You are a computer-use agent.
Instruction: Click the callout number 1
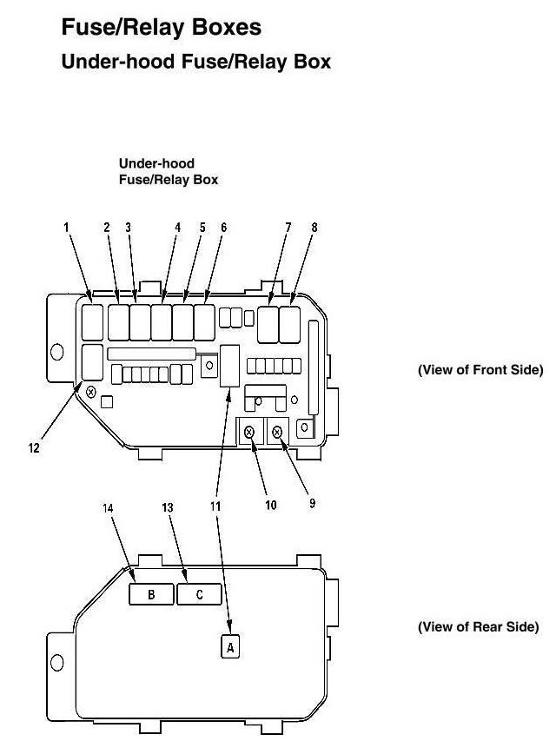pos(66,228)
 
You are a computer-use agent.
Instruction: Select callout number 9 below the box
pos(312,501)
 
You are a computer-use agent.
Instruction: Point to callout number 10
pos(271,505)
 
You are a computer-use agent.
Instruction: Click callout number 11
pos(215,505)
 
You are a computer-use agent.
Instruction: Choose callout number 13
pos(168,507)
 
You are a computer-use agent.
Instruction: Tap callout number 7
pos(288,228)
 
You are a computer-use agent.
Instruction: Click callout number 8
pos(314,228)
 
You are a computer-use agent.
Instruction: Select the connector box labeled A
pos(230,646)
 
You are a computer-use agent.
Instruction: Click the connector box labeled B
pos(151,594)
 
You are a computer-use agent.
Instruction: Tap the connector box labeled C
pos(199,594)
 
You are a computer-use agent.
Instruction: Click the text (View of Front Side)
pos(480,369)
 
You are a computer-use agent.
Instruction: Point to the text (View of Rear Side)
pos(479,626)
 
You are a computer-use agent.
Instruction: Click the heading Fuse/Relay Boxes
pos(161,28)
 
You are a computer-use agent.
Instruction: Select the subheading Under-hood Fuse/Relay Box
pos(195,63)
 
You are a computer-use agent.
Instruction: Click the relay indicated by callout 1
pos(93,321)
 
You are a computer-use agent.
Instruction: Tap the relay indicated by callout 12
pos(91,362)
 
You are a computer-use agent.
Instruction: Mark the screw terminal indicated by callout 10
pos(249,432)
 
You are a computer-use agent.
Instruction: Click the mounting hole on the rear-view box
pos(57,662)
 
